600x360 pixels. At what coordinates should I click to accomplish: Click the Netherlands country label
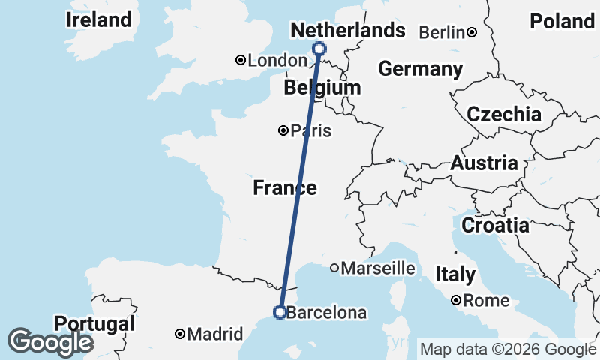pos(347,31)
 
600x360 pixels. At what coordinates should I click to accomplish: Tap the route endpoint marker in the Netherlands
pos(319,49)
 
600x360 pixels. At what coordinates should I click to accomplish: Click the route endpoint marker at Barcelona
pos(280,312)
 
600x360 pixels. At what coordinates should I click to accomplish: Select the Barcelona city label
pos(326,313)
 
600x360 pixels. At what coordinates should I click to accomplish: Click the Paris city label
pos(310,130)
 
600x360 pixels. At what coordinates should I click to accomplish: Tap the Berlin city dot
pos(472,32)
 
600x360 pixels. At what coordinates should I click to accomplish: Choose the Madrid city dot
pos(181,334)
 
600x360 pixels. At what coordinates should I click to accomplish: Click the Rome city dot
pos(456,301)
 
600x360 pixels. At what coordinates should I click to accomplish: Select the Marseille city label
pos(378,268)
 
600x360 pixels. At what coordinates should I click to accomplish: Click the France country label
pos(284,187)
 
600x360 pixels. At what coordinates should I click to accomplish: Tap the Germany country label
pos(420,69)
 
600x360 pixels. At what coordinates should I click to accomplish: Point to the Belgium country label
pos(322,88)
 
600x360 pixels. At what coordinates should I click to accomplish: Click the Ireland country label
pos(98,20)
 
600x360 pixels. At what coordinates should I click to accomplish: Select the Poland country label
pos(562,22)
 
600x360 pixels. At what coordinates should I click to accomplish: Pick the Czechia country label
pos(503,115)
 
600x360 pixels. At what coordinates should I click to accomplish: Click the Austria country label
pos(484,163)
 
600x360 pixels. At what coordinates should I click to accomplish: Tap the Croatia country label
pos(495,225)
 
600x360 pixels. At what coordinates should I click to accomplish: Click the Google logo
pos(50,342)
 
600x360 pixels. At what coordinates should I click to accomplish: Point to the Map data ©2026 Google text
pos(508,349)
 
